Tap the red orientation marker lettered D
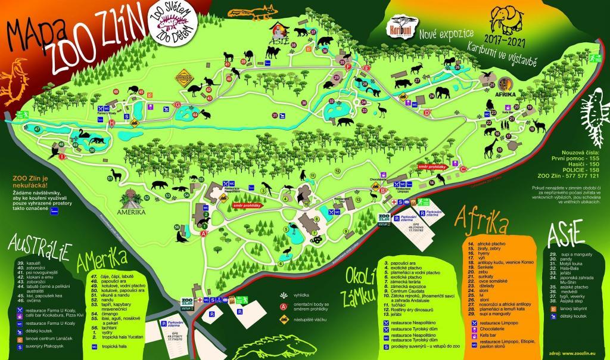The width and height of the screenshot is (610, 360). pyautogui.click(x=427, y=112)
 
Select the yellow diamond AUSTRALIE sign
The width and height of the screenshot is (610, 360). pyautogui.click(x=184, y=79)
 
